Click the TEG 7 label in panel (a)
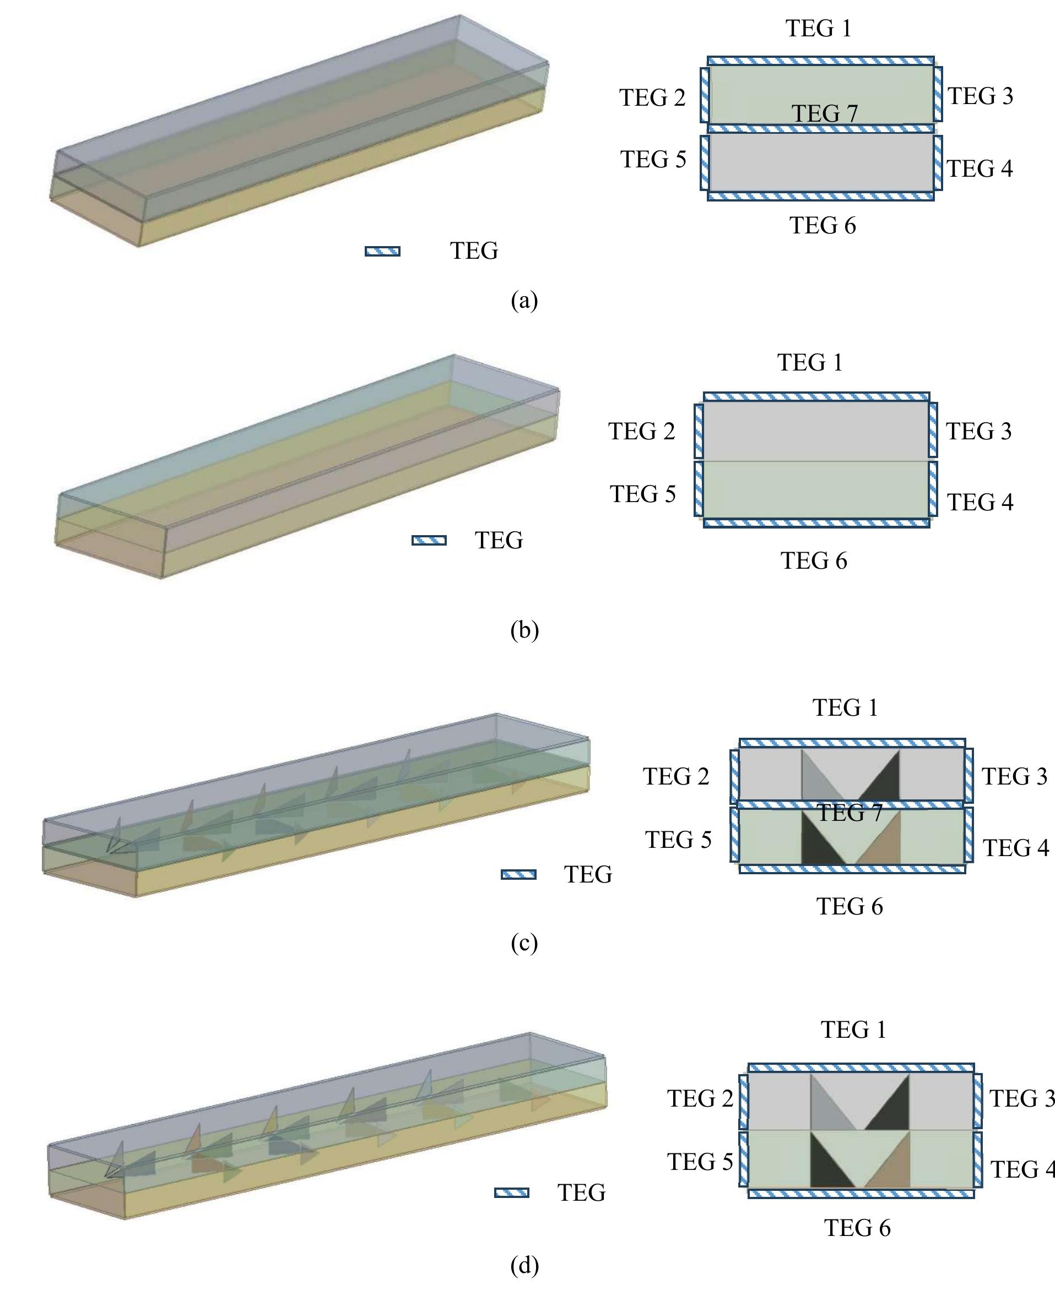[x=824, y=113]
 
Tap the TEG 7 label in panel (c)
[x=849, y=813]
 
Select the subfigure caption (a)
[x=524, y=301]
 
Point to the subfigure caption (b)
[x=524, y=630]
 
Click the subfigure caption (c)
[x=524, y=943]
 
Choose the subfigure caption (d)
[x=524, y=1265]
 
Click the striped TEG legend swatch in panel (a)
[x=382, y=252]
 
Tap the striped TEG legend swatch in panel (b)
[x=429, y=541]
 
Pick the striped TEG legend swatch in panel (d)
[x=511, y=1193]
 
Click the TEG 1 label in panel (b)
[x=810, y=363]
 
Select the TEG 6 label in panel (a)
[x=823, y=226]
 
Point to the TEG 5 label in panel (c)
[x=678, y=840]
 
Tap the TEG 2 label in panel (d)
[x=700, y=1098]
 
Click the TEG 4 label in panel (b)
[x=980, y=502]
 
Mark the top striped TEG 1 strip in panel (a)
[x=820, y=61]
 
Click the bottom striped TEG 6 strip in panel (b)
[x=816, y=523]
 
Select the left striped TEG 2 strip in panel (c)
[x=735, y=776]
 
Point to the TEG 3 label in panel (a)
[x=980, y=96]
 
